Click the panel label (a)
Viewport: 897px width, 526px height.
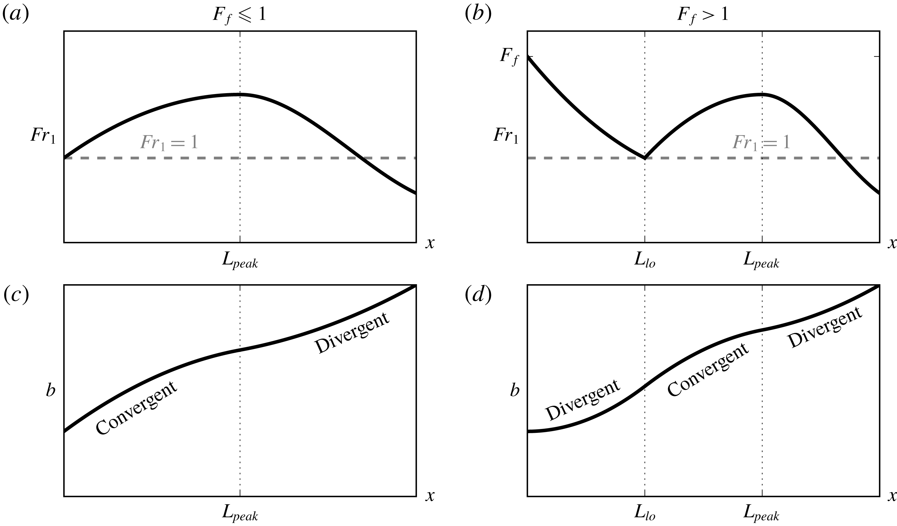(x=16, y=14)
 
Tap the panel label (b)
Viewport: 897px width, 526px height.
(x=478, y=14)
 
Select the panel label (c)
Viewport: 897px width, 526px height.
(x=16, y=295)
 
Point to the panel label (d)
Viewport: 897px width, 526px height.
(x=478, y=295)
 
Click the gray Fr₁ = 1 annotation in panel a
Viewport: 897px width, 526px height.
(x=169, y=142)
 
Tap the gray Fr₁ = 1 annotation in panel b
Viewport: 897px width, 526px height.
(x=761, y=142)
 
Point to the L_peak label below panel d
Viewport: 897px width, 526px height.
(x=761, y=515)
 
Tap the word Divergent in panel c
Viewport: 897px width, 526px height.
(x=352, y=333)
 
